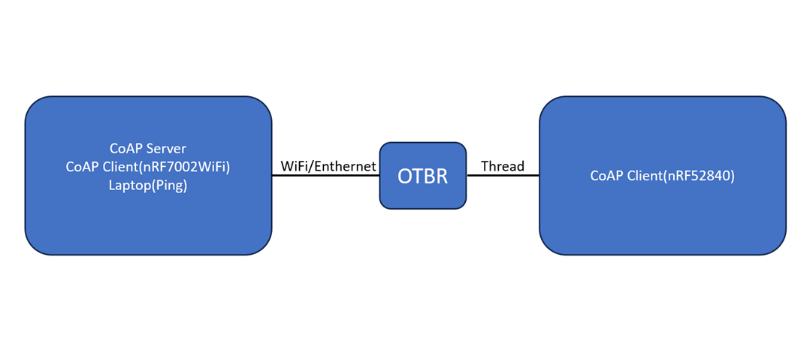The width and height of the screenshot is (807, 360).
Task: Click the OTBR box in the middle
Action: point(423,176)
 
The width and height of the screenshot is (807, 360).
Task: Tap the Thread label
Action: point(503,166)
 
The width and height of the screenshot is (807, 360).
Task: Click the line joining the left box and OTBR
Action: point(325,176)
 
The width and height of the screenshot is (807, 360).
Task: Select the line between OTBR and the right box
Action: point(503,176)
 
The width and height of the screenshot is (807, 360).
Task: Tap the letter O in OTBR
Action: point(405,176)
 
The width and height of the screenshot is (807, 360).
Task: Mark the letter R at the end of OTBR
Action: point(442,176)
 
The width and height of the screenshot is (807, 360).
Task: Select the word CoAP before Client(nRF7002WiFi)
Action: point(83,167)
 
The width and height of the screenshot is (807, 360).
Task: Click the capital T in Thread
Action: point(485,166)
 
